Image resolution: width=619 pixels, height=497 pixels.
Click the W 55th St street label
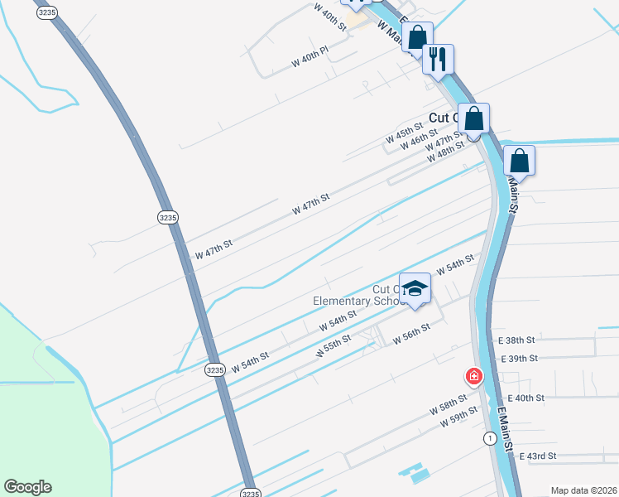333,346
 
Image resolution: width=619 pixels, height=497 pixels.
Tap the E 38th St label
516,340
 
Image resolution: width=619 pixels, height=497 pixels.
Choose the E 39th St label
520,358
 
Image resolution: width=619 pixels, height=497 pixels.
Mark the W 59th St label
459,417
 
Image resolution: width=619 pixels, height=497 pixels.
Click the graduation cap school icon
415,288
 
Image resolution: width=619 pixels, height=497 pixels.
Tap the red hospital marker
474,377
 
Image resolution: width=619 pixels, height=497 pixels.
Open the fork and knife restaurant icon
438,58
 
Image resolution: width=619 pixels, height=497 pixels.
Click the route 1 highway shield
491,437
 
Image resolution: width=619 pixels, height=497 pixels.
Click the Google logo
27,487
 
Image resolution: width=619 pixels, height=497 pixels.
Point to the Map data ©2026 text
584,490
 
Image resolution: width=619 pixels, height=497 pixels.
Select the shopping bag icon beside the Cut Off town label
474,118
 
